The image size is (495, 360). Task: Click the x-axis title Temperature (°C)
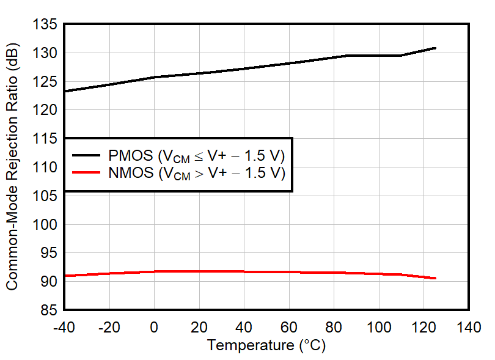(x=266, y=345)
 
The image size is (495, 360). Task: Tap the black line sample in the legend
(x=87, y=154)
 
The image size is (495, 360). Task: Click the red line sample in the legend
(x=87, y=173)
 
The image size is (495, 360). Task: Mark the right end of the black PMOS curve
(x=435, y=48)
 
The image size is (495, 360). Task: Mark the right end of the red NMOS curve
(x=435, y=278)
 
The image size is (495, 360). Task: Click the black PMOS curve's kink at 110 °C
(x=402, y=56)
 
